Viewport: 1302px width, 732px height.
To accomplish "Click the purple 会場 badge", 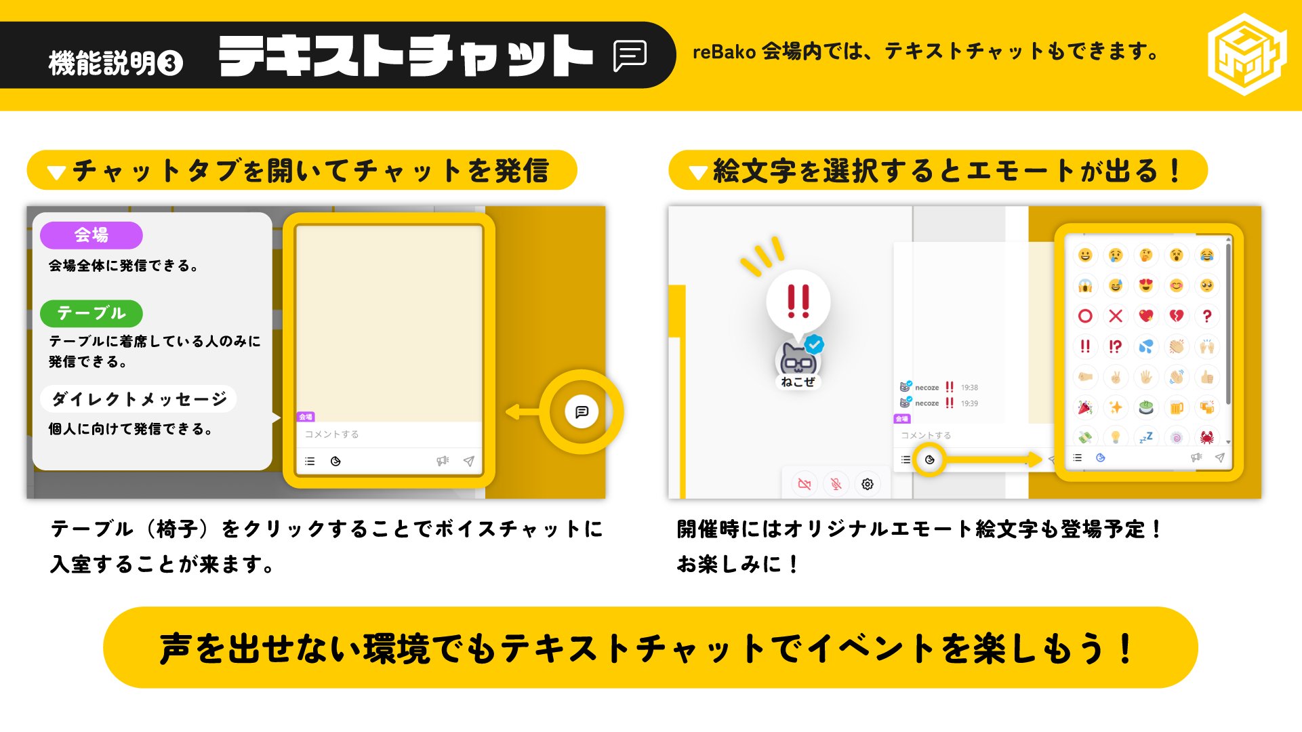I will [91, 235].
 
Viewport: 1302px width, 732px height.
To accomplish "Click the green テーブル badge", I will [91, 313].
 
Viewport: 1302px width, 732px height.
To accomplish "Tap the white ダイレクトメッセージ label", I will [139, 399].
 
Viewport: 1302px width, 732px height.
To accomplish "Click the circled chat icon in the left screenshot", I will [582, 412].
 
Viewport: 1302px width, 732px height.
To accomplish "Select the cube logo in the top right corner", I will [1246, 54].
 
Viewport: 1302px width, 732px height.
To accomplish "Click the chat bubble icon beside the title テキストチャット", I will [630, 56].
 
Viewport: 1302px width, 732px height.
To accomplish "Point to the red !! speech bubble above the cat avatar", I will [798, 302].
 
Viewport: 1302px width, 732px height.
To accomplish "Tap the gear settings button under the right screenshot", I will [867, 484].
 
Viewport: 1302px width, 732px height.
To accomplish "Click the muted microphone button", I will [836, 484].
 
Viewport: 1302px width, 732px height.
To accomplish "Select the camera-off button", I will [805, 484].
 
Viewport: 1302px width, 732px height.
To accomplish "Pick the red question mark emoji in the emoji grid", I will [1206, 316].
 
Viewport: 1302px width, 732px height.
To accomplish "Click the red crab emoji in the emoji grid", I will [1206, 437].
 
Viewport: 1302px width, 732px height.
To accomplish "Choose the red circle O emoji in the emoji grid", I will [1085, 316].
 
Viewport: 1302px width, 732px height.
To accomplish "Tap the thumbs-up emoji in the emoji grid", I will [1206, 377].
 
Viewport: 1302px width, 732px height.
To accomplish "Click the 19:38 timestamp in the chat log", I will [969, 388].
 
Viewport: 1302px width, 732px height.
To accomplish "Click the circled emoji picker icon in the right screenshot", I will [930, 460].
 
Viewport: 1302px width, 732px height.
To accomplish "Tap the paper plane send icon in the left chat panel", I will [468, 461].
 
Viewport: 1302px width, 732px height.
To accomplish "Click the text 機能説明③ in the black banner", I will [115, 63].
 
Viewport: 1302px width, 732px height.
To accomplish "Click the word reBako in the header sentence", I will [723, 52].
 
